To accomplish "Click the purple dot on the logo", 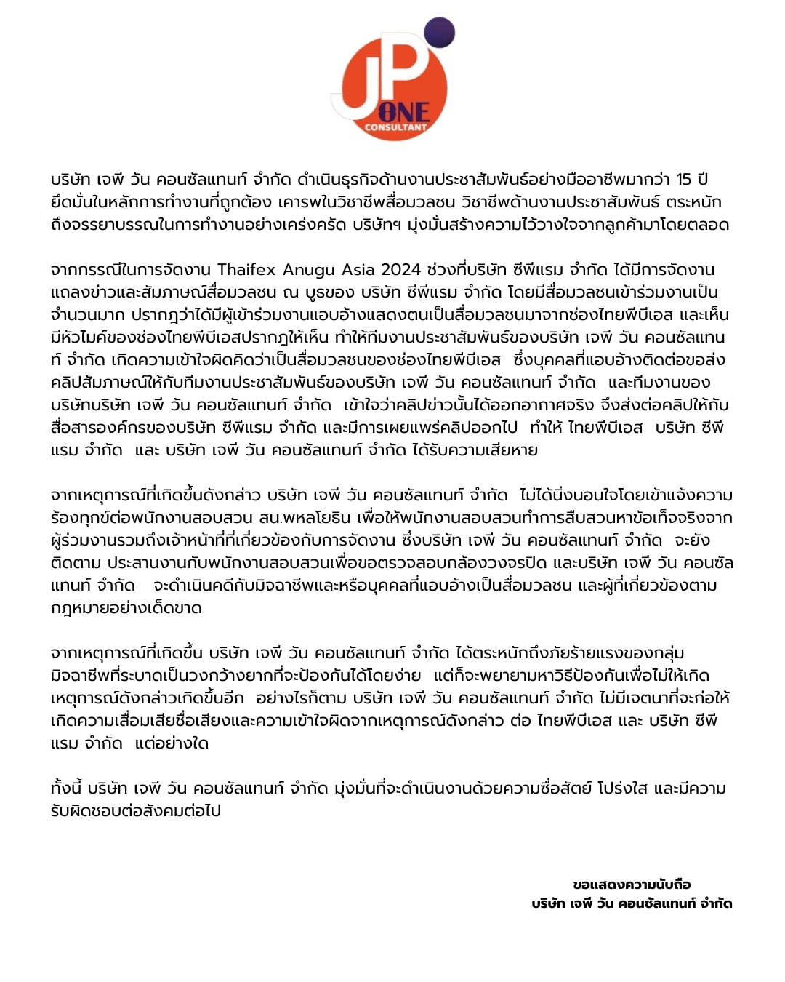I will (438, 33).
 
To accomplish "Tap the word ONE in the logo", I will (403, 112).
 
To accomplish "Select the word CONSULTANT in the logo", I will (396, 127).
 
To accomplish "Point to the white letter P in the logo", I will (408, 69).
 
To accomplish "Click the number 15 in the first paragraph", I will (683, 179).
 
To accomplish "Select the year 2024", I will (401, 269).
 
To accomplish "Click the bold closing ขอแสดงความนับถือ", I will (632, 885).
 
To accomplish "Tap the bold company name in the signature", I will (632, 903).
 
